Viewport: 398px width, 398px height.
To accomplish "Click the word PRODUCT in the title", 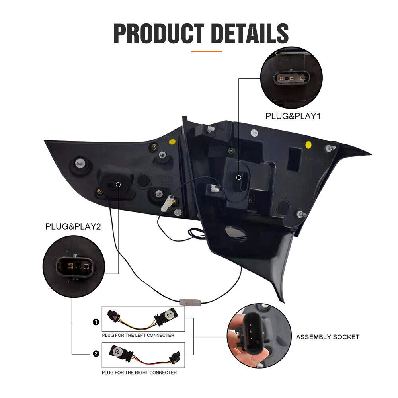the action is pos(159,33).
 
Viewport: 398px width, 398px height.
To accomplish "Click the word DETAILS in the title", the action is pos(250,33).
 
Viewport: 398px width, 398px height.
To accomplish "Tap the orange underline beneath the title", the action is pos(207,51).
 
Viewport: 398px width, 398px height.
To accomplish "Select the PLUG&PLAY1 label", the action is pos(293,116).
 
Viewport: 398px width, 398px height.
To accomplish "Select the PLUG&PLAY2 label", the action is pos(73,226).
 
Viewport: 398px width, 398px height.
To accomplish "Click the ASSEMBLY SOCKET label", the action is pos(328,337).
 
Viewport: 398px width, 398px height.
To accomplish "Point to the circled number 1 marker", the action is pos(96,322).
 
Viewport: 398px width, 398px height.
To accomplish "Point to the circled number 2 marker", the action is pos(96,353).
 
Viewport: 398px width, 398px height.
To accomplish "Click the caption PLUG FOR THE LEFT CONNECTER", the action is pos(138,335).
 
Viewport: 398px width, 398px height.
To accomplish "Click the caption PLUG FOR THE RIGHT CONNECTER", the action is pos(139,373).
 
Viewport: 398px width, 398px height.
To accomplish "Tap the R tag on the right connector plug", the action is pos(117,351).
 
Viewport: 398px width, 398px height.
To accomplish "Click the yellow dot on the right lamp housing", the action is pos(308,145).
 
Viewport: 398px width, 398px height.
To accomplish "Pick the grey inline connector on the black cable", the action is pos(190,302).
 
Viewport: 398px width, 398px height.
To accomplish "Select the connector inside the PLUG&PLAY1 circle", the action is pos(292,78).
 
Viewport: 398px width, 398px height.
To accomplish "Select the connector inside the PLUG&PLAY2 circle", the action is pos(75,267).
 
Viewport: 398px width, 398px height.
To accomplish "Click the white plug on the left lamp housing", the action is pos(168,203).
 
